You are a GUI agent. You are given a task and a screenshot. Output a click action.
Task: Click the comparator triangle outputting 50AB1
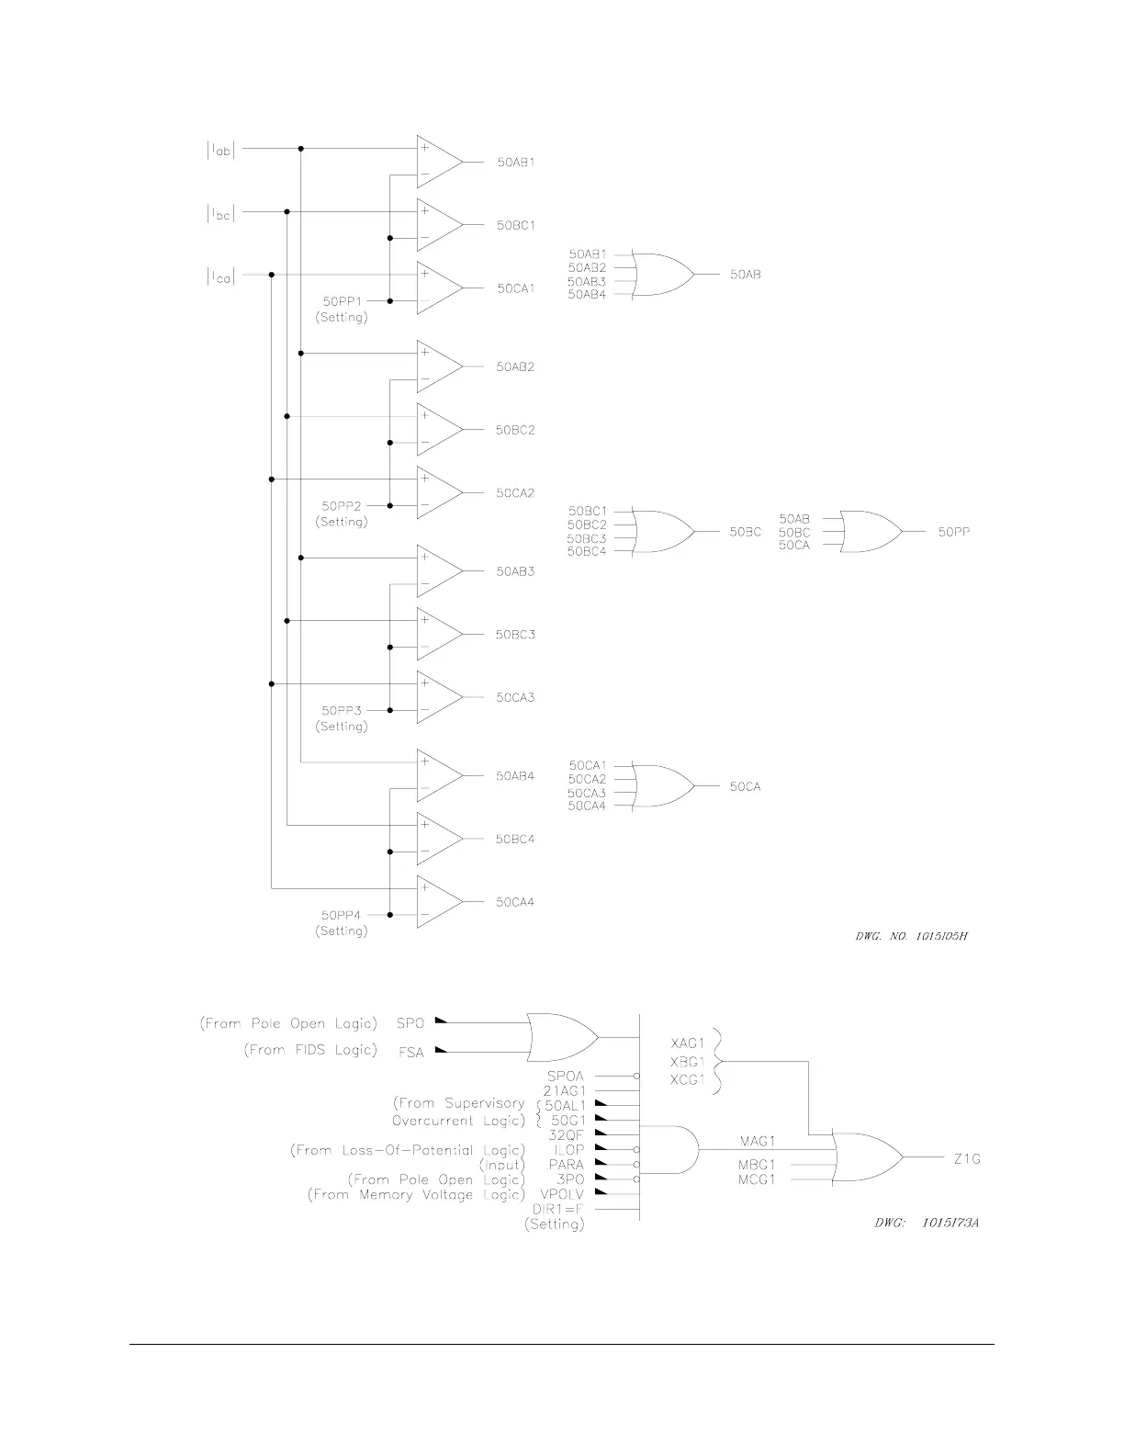click(x=438, y=162)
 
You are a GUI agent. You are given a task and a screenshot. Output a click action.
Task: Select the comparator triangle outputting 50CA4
click(x=438, y=902)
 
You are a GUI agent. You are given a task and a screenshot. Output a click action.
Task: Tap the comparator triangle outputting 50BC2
click(x=438, y=430)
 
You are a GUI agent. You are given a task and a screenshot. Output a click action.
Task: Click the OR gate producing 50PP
click(x=871, y=532)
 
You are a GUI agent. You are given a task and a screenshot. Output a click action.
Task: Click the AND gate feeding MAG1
click(x=672, y=1149)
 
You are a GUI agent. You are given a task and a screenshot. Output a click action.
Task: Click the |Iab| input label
click(x=220, y=150)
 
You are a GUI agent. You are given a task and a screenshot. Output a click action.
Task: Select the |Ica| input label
click(x=220, y=276)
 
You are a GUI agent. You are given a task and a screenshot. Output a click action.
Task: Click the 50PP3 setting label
click(x=342, y=711)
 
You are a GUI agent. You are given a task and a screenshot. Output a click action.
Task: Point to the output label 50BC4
click(x=515, y=840)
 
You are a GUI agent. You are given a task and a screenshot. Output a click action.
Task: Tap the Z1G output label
click(x=967, y=1159)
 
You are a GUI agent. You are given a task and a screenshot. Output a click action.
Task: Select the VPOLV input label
click(x=562, y=1194)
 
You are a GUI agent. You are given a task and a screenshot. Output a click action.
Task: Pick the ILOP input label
click(x=568, y=1150)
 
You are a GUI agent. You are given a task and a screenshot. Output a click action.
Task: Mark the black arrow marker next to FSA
click(x=442, y=1050)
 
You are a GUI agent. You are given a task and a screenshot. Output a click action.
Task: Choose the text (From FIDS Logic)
click(x=310, y=1050)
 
